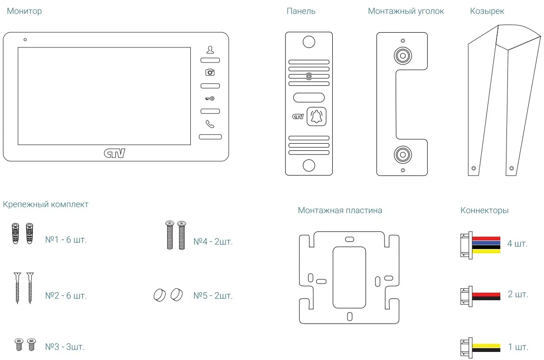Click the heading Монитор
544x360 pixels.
(x=24, y=11)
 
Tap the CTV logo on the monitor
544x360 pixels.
(x=114, y=153)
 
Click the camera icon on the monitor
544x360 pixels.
(x=210, y=72)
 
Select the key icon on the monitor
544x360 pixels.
(x=210, y=99)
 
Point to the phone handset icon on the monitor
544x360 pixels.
(x=210, y=124)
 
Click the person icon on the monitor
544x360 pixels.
(x=210, y=49)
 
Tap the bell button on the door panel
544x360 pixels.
(x=316, y=116)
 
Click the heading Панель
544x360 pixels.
(x=301, y=11)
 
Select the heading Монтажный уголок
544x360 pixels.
(x=406, y=11)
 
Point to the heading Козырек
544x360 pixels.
(x=487, y=11)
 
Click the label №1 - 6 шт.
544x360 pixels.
(x=66, y=240)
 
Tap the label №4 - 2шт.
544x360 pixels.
(x=213, y=242)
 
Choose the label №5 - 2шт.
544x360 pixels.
(x=213, y=296)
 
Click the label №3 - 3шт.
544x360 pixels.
(x=65, y=347)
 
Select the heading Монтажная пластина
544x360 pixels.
(x=340, y=210)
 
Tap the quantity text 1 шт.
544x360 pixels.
(x=518, y=347)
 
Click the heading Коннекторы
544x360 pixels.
(x=484, y=210)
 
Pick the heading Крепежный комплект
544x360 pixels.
(x=46, y=204)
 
